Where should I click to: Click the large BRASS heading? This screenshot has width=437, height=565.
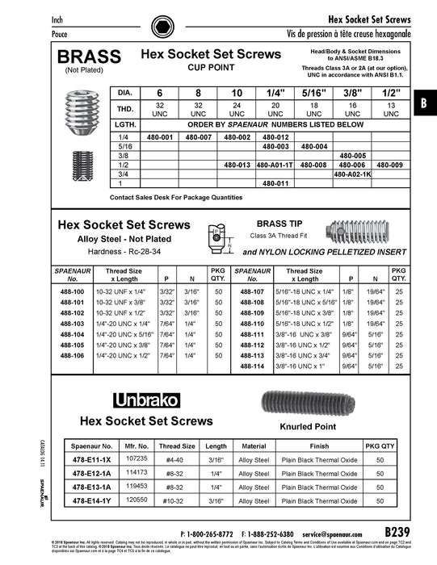tap(86, 56)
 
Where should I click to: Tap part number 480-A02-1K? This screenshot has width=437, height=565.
tap(352, 174)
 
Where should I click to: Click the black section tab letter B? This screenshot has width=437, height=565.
tap(424, 103)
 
